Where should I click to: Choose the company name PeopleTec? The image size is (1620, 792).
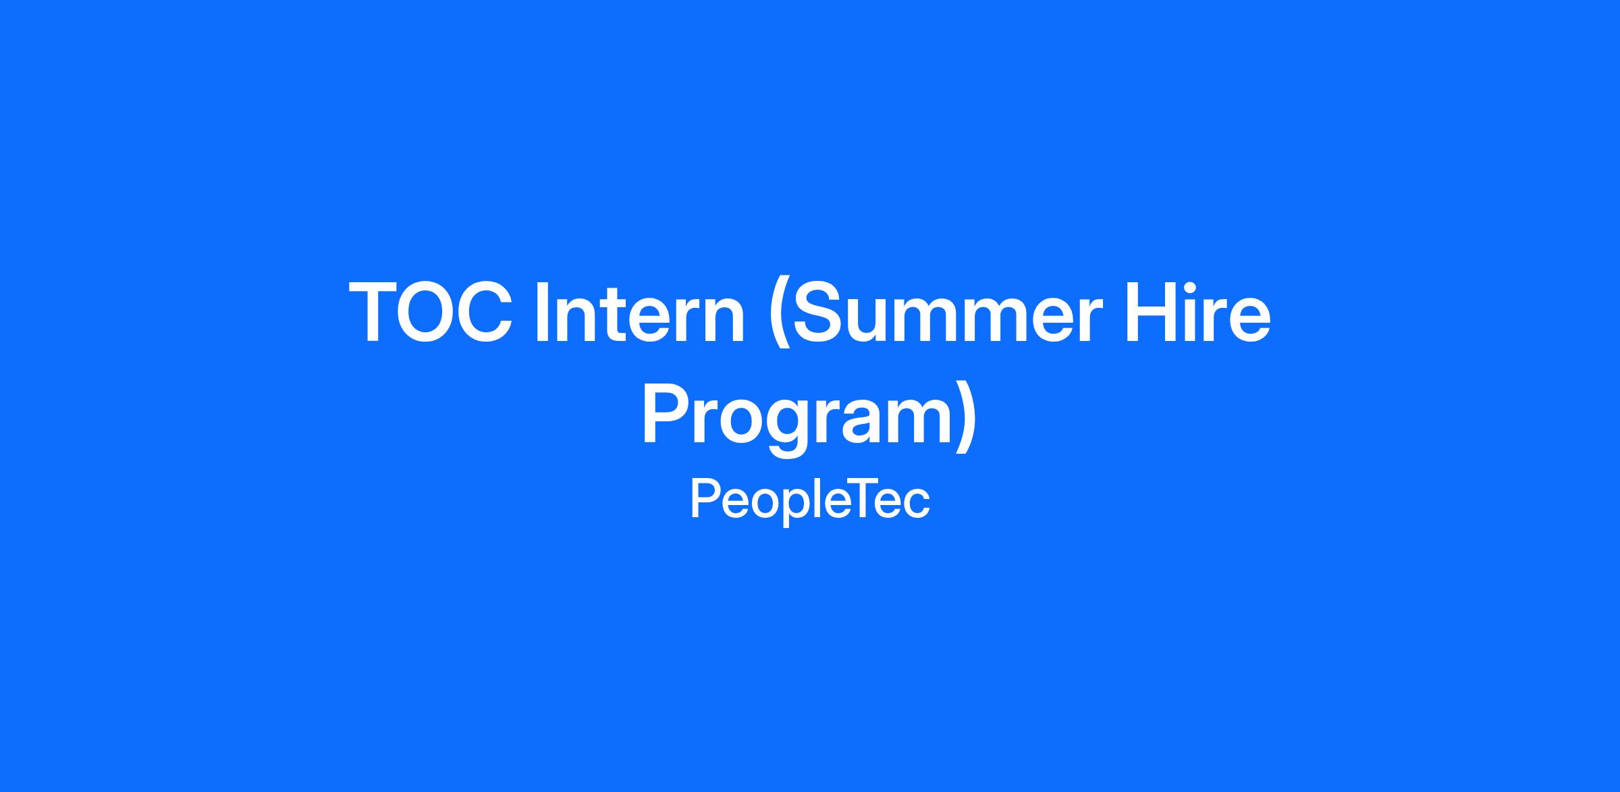[x=810, y=500]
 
